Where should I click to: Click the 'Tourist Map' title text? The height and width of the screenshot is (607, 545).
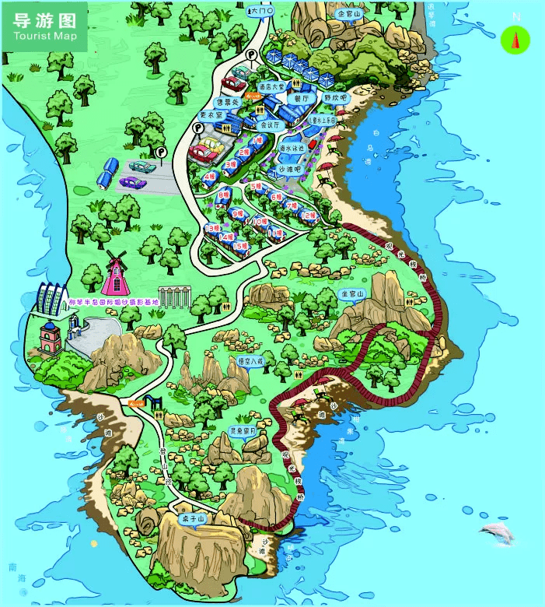click(43, 37)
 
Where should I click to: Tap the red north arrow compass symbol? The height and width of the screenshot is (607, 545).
click(515, 39)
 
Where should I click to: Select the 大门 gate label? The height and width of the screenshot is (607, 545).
click(260, 11)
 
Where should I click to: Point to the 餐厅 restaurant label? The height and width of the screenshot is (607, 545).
click(302, 99)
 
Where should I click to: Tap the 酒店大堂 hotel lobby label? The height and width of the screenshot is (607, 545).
click(272, 86)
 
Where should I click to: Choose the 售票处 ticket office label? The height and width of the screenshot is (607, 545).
click(228, 102)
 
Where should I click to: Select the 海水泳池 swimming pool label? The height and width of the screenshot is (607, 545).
click(292, 147)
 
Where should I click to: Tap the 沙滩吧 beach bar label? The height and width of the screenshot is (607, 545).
click(291, 168)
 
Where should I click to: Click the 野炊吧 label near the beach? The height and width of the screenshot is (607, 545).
click(333, 99)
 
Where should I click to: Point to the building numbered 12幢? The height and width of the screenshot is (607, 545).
click(309, 216)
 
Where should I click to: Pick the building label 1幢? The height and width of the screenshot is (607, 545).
click(258, 140)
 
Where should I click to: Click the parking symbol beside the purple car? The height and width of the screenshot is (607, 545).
click(161, 153)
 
